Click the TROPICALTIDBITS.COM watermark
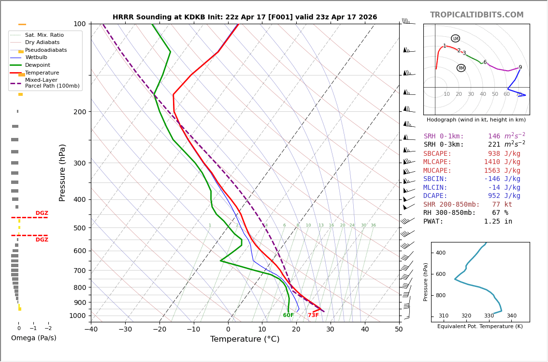point(476,15)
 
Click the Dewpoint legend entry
point(37,65)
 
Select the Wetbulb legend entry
point(36,58)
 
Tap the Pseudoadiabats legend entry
point(46,50)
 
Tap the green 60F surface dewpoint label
point(288,316)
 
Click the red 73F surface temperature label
point(313,316)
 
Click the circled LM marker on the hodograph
point(455,38)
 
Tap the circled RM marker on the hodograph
point(461,68)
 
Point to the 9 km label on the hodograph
point(520,68)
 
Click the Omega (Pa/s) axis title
point(34,338)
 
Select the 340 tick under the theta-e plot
point(511,316)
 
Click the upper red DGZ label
point(42,213)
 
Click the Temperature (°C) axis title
point(245,339)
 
